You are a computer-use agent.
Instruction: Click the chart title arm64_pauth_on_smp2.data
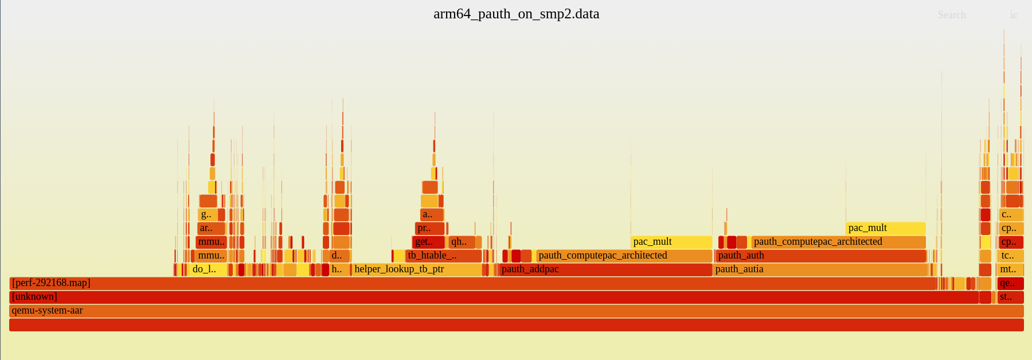(516, 14)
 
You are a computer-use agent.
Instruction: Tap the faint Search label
(952, 15)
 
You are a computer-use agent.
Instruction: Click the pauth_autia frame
(820, 269)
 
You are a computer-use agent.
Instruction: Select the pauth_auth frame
(820, 256)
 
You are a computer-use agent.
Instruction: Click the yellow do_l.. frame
(206, 269)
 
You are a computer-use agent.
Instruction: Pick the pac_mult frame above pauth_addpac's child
(671, 242)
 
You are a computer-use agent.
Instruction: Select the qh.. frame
(462, 242)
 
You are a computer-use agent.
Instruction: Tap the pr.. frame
(429, 228)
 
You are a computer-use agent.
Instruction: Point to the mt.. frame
(1010, 269)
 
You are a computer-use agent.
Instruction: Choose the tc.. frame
(1010, 256)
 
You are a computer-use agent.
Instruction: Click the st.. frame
(1010, 297)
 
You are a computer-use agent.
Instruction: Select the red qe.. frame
(1010, 283)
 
